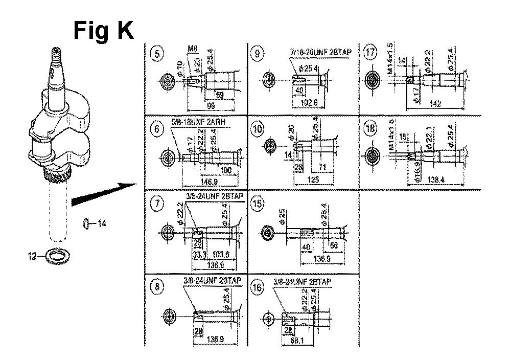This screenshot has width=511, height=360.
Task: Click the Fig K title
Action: point(103,31)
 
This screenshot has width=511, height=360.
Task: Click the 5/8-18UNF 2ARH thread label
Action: point(201,122)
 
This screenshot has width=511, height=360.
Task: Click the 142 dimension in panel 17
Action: point(436,103)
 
